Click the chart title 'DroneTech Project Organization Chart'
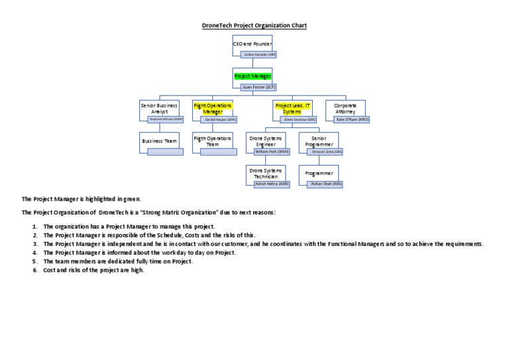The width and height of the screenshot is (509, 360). (x=254, y=25)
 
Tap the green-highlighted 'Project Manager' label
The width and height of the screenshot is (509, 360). (x=252, y=76)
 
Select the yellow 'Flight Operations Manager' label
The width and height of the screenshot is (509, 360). (x=212, y=108)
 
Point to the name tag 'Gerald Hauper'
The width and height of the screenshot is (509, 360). (x=219, y=119)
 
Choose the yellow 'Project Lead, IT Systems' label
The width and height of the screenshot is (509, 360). (x=292, y=108)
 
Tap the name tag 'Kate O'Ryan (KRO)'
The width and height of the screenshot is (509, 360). (x=351, y=119)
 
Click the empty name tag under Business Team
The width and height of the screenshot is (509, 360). (x=166, y=152)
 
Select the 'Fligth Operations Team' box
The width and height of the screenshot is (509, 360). (x=212, y=141)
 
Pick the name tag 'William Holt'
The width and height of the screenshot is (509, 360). (x=272, y=152)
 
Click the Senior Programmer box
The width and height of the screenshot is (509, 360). (x=319, y=141)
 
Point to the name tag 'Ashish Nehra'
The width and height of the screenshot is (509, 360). (x=272, y=184)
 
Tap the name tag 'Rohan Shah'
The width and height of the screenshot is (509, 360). (x=325, y=184)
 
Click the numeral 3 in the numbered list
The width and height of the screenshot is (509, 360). (x=34, y=244)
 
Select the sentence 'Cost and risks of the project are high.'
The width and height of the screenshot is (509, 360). (x=93, y=270)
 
